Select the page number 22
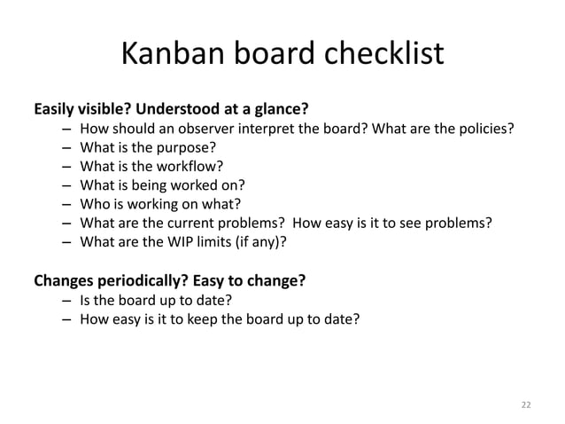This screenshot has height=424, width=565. click(x=526, y=404)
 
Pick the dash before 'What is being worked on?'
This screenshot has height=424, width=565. click(x=66, y=185)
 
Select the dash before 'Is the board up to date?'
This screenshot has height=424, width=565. click(x=66, y=302)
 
